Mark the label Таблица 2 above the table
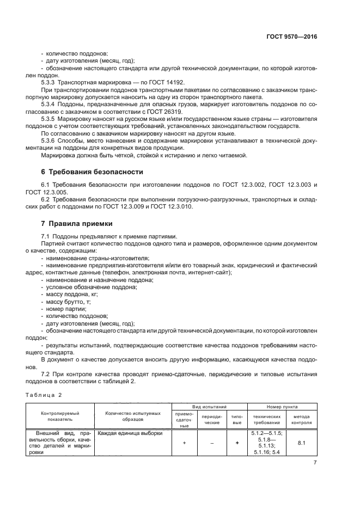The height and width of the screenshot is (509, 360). coord(44,394)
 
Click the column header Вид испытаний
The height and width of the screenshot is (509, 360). coord(209,407)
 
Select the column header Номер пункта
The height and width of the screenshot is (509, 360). coord(282,407)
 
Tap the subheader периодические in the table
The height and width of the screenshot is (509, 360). coord(208,419)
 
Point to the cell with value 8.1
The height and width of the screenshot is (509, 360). coord(302,443)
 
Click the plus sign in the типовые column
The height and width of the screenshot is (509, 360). coord(237,443)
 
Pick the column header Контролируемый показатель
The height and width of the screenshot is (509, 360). coord(60,416)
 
